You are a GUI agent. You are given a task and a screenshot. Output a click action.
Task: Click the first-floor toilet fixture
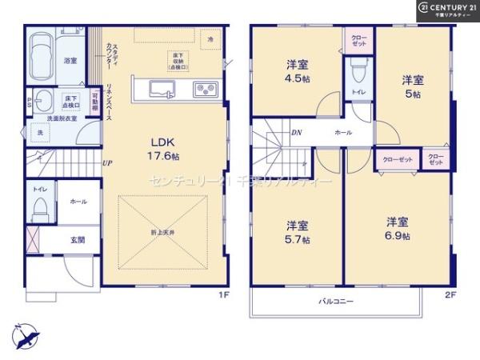(40, 210)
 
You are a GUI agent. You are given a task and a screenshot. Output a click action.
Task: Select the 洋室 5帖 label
(413, 86)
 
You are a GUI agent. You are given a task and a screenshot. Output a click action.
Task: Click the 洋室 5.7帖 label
(297, 231)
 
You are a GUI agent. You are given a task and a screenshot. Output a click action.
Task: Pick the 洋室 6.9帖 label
(397, 228)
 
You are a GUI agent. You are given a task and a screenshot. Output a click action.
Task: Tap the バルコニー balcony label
(336, 302)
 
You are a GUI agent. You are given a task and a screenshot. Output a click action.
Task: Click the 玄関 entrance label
(77, 239)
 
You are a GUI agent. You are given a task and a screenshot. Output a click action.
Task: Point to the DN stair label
(296, 133)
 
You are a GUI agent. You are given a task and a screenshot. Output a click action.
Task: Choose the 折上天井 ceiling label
(165, 231)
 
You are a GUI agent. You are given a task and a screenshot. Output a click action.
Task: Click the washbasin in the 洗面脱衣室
(42, 102)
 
